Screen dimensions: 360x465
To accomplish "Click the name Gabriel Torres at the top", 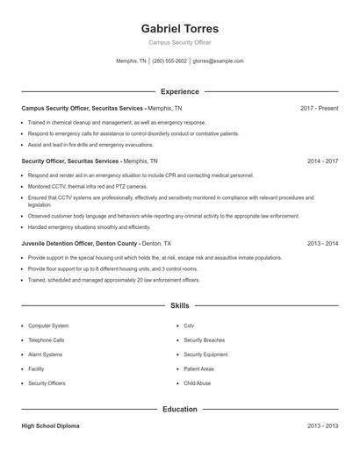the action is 179,28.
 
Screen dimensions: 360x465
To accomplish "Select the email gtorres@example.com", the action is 218,61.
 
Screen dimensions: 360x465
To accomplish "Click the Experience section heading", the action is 179,91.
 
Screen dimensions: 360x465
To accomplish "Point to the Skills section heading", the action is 179,305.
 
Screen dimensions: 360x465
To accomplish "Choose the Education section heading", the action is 179,409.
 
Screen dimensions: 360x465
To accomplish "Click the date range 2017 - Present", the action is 319,108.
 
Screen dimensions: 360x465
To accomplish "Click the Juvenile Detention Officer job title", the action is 79,243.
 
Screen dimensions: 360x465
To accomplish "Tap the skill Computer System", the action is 48,325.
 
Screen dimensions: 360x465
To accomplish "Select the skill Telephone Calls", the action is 47,340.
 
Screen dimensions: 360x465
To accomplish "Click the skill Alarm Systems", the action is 46,354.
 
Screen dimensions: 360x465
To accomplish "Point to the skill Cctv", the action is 189,325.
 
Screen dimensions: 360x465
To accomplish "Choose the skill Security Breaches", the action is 204,340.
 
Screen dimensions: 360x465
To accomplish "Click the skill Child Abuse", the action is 197,383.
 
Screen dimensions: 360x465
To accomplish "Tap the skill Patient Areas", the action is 199,369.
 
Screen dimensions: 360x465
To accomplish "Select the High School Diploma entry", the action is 50,426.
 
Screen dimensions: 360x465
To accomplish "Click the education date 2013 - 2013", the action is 322,426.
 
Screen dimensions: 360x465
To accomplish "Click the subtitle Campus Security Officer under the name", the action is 179,42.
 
